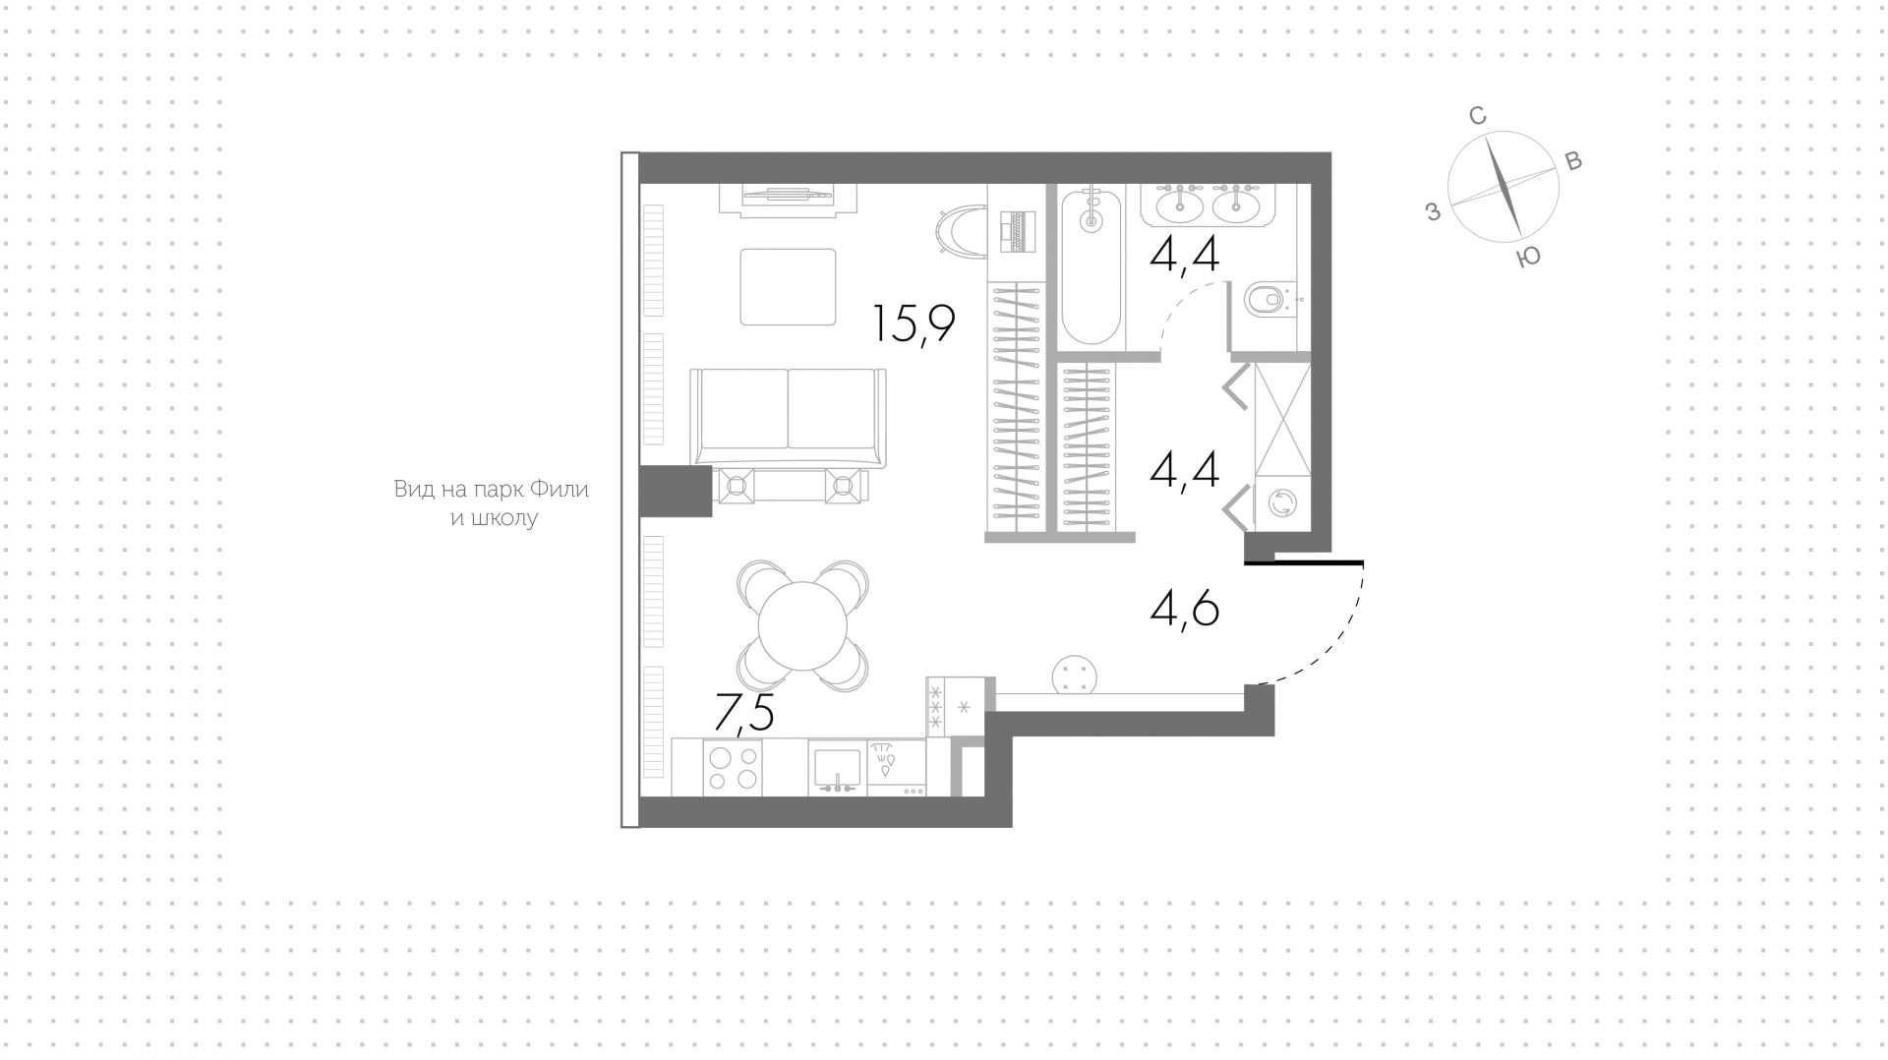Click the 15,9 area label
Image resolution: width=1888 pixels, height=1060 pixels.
pyautogui.click(x=914, y=324)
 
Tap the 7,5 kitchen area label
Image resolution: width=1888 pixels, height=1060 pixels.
pyautogui.click(x=743, y=713)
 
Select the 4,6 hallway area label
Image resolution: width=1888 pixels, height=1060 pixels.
pyautogui.click(x=1185, y=609)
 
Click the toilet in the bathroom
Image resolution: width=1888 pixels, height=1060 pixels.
pyautogui.click(x=1268, y=297)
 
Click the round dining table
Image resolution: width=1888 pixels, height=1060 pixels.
pyautogui.click(x=803, y=627)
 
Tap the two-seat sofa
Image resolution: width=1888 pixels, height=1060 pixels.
pyautogui.click(x=789, y=417)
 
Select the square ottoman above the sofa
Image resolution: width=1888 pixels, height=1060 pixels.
pyautogui.click(x=788, y=287)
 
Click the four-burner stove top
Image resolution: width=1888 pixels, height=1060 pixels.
pyautogui.click(x=734, y=767)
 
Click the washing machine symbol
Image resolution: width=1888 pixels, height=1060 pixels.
pyautogui.click(x=1283, y=504)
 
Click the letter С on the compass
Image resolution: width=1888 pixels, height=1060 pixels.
pyautogui.click(x=1477, y=116)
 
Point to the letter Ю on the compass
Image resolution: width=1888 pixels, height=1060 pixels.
pyautogui.click(x=1528, y=258)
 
